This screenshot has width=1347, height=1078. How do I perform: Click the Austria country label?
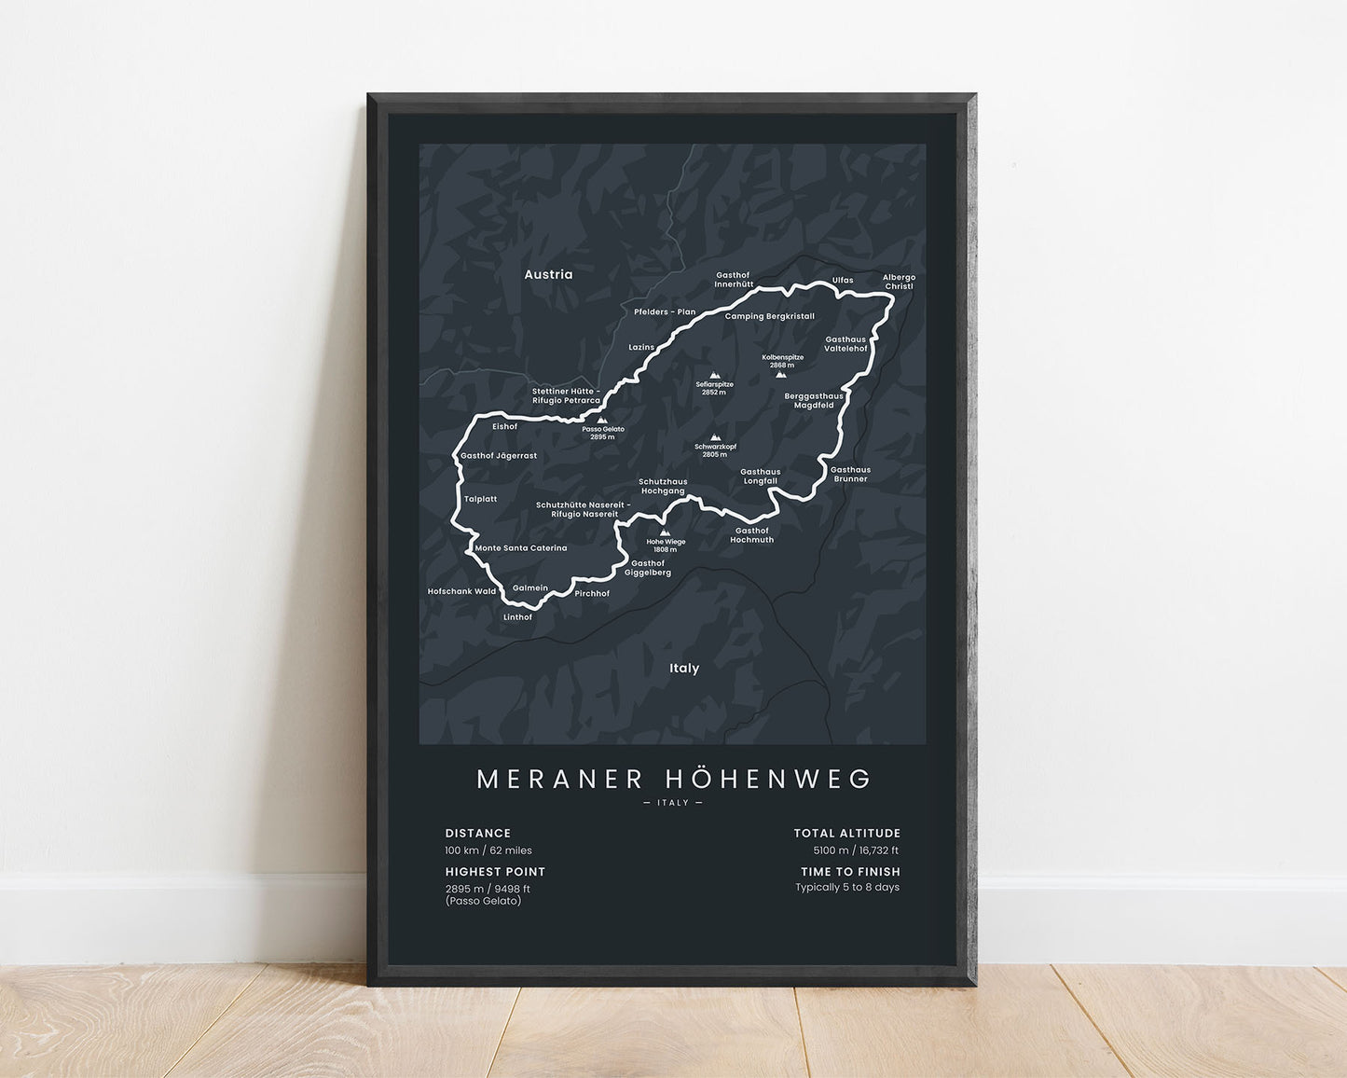548,274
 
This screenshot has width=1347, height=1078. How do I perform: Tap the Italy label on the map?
684,668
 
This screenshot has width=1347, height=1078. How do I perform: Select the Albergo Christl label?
900,282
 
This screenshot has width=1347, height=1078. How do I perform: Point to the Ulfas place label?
843,280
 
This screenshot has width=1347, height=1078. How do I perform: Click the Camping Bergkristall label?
770,316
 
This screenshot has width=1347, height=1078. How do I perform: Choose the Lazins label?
641,347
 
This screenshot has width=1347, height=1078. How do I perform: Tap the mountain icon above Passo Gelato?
602,420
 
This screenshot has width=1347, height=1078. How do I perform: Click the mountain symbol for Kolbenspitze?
781,375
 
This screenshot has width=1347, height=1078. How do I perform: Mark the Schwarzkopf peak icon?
715,437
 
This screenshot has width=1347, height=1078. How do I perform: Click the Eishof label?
504,426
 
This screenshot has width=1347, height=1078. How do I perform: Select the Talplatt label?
481,499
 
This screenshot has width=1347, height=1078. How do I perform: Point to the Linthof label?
517,617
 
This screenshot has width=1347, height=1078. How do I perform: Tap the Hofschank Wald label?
461,591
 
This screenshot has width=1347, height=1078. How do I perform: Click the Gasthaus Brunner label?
850,474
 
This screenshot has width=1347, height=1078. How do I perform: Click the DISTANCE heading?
478,834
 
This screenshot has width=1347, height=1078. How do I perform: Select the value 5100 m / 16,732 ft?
856,850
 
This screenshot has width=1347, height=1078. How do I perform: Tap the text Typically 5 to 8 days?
847,887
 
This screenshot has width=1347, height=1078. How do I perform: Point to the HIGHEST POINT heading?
495,872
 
